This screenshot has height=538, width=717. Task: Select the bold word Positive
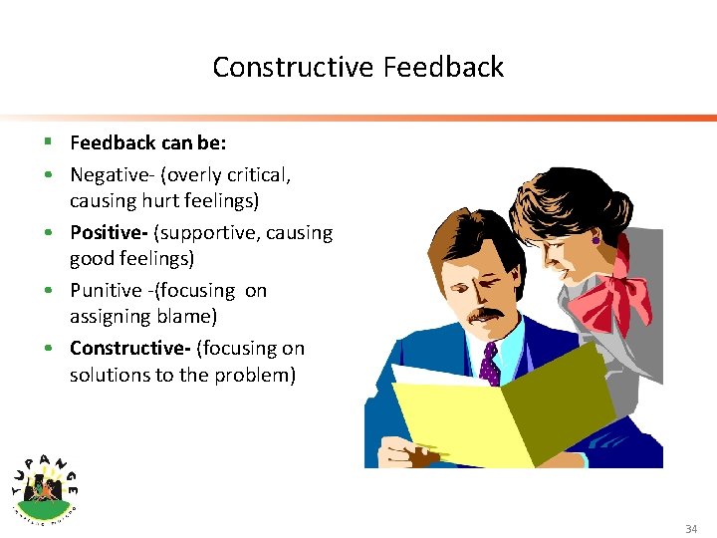pyautogui.click(x=106, y=233)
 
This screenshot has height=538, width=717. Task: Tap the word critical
pyautogui.click(x=259, y=175)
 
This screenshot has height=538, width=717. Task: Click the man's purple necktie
pyautogui.click(x=489, y=365)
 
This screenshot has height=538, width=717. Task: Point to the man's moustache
pyautogui.click(x=485, y=315)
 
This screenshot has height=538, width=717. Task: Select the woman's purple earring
pyautogui.click(x=596, y=240)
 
